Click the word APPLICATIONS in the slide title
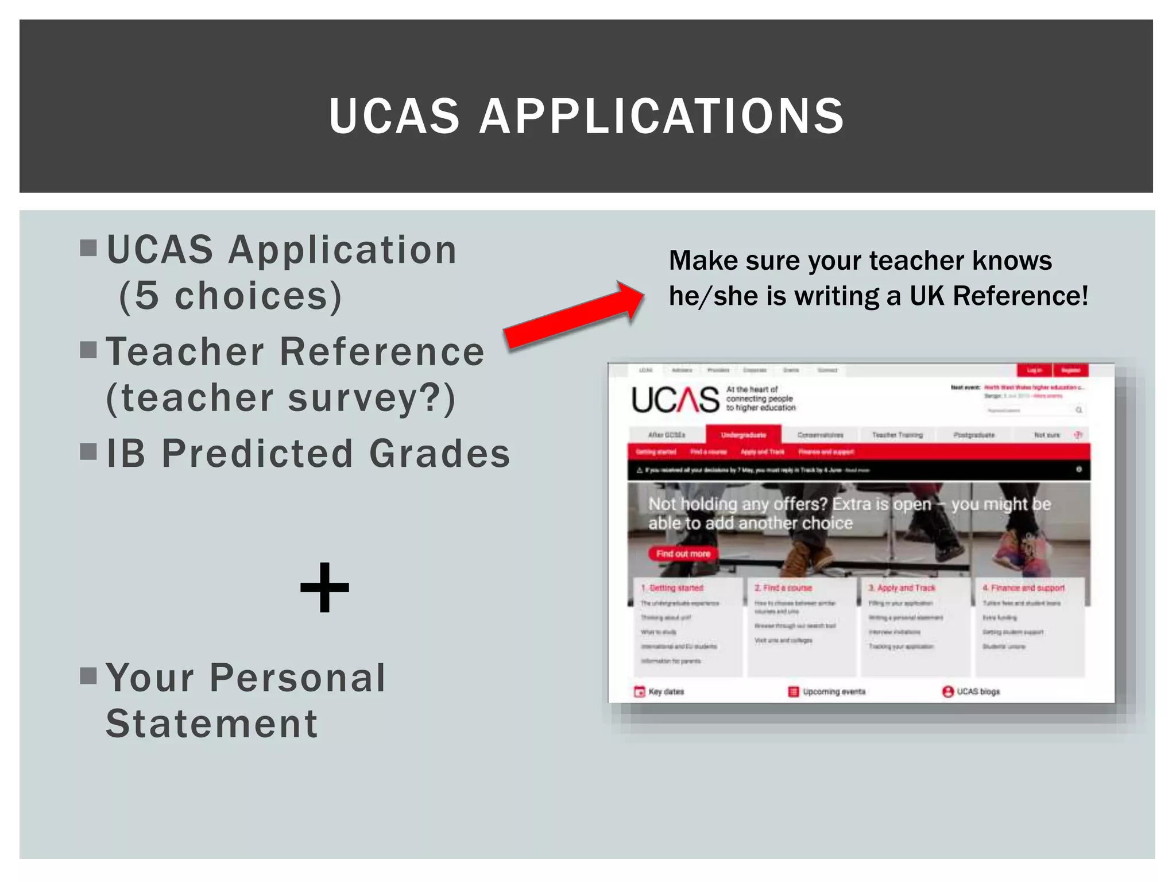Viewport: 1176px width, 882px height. pos(661,117)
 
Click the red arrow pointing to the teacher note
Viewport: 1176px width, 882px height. pos(574,315)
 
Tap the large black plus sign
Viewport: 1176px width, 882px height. pos(324,587)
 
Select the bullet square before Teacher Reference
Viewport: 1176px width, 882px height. pos(88,350)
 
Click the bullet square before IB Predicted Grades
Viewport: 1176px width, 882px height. pos(88,452)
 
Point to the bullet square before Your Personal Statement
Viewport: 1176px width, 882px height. pos(88,676)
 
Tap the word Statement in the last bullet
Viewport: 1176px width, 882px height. pos(211,724)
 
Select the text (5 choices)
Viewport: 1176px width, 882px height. pos(230,296)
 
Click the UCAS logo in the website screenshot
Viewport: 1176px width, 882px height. pos(675,400)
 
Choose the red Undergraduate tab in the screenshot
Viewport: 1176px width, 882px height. pos(744,435)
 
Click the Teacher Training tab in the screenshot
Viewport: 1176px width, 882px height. pos(897,435)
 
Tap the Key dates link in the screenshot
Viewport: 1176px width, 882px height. pos(666,692)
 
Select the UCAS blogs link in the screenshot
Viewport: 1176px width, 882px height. pos(977,692)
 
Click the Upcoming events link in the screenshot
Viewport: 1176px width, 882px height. pos(833,692)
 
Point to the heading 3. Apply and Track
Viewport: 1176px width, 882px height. pos(902,588)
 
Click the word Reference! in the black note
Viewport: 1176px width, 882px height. pos(1020,296)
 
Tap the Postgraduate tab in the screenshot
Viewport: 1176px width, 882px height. pos(974,435)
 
